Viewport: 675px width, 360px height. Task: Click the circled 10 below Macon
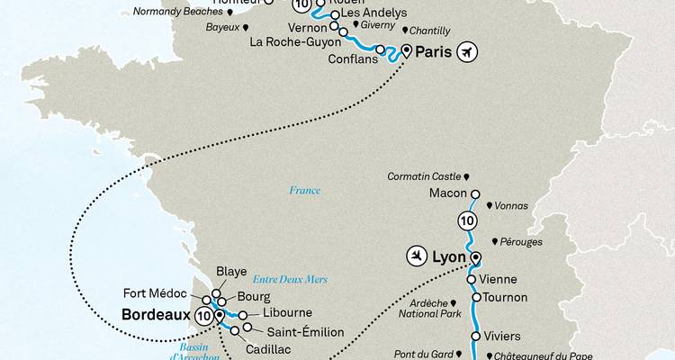click(x=465, y=220)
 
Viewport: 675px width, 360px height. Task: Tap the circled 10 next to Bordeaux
click(x=203, y=316)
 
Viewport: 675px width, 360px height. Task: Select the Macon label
click(x=446, y=193)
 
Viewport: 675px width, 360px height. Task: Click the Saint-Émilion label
click(x=281, y=330)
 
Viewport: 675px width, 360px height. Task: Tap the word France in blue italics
click(x=304, y=191)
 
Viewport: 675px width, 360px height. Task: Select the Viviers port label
click(x=503, y=337)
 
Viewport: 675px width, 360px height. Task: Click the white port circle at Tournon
click(x=475, y=297)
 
